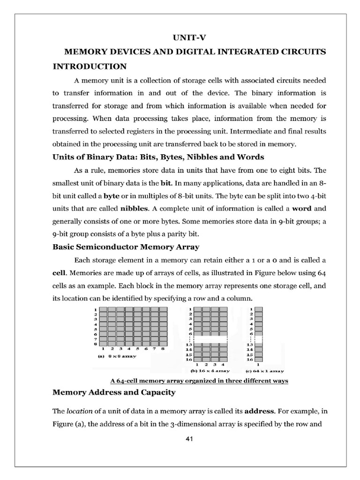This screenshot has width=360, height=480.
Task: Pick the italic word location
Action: coord(79,412)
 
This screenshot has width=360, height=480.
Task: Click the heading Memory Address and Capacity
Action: coord(114,392)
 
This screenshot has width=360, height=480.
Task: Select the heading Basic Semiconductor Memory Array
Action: coord(126,247)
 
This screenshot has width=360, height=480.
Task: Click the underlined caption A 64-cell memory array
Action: coord(198,381)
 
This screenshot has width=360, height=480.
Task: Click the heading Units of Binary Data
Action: coord(158,157)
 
